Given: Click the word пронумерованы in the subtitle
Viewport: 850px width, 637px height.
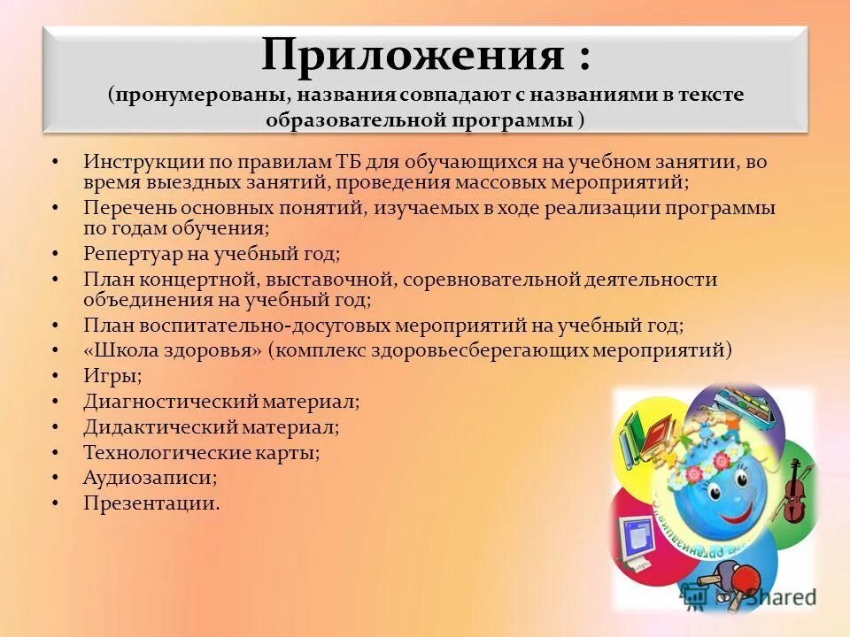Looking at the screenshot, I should pyautogui.click(x=201, y=95).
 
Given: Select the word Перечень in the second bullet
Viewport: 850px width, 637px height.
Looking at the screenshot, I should pyautogui.click(x=130, y=208).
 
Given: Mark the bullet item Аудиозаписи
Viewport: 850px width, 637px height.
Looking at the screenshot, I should pyautogui.click(x=150, y=478).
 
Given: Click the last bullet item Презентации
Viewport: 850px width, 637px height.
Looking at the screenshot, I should pyautogui.click(x=151, y=503).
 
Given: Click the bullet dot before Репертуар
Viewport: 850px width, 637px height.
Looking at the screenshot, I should pyautogui.click(x=55, y=254).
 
